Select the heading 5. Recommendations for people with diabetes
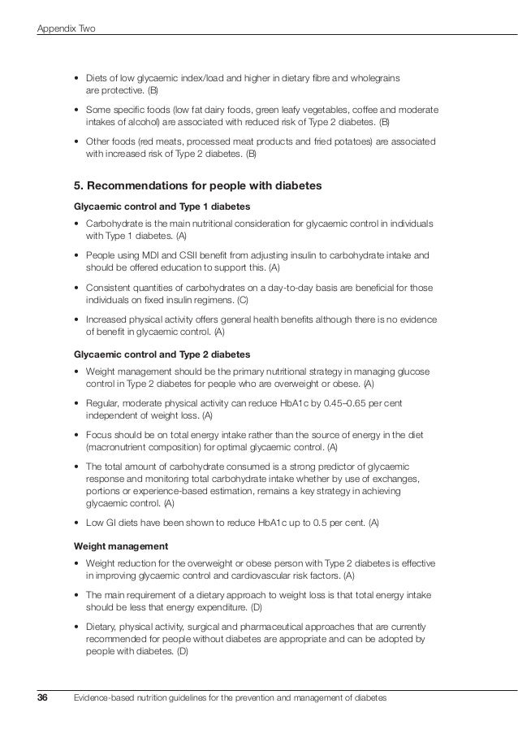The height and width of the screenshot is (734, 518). click(x=198, y=186)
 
